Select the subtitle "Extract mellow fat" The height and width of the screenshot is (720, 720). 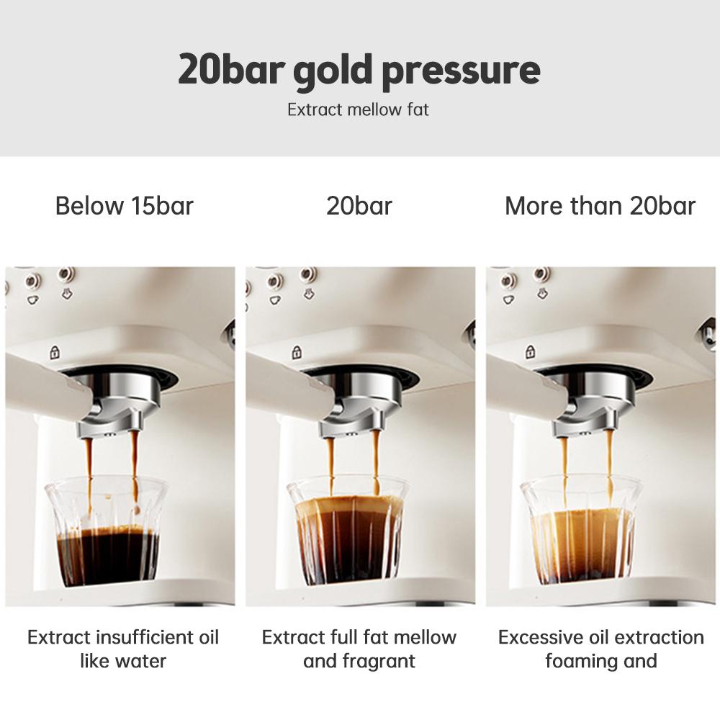(x=358, y=110)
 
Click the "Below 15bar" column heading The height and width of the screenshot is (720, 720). (x=125, y=206)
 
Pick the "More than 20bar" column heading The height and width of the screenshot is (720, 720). (x=600, y=206)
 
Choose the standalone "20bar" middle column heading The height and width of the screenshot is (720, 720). (x=359, y=206)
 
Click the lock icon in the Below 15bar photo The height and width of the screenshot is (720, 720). (x=54, y=353)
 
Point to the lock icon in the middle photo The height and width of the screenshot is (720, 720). (x=295, y=353)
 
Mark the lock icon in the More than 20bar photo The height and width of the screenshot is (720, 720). (x=530, y=352)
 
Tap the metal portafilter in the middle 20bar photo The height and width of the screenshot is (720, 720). (x=356, y=403)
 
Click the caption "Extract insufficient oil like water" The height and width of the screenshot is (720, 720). (x=123, y=649)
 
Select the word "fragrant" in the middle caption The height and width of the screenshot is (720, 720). (x=381, y=661)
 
